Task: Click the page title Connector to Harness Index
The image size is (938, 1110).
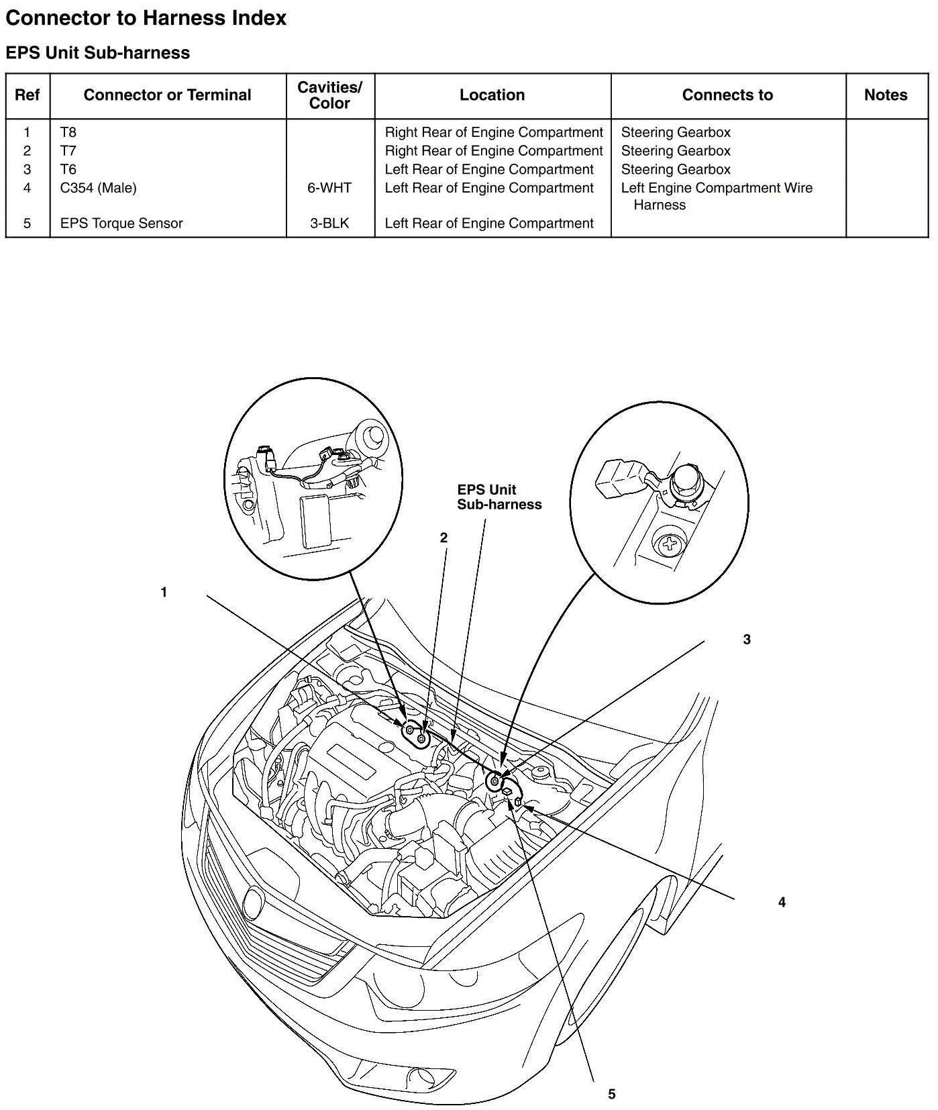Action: coord(146,18)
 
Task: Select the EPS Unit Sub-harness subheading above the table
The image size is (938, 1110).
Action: coord(97,53)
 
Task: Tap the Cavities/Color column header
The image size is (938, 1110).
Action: coord(329,95)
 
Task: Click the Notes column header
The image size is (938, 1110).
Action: coord(885,95)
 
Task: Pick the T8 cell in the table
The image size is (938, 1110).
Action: coord(68,132)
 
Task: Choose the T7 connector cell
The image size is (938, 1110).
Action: coord(68,151)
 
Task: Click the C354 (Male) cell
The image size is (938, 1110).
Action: coord(98,188)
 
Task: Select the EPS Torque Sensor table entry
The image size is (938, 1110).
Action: coord(121,223)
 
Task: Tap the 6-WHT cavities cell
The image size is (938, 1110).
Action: coord(329,188)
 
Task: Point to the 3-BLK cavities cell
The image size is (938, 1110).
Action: coord(329,223)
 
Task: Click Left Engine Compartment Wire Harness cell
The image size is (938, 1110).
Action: coord(716,196)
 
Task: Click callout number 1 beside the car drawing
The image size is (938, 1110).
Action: coord(164,592)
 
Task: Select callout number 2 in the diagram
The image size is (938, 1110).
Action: coord(444,538)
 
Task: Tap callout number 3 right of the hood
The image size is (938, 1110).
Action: coord(747,640)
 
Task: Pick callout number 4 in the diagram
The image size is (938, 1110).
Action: coord(782,902)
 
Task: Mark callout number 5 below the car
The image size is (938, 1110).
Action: coord(611,1094)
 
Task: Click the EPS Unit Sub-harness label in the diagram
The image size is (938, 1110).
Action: coord(499,497)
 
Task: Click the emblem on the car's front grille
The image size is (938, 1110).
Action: coord(254,898)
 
